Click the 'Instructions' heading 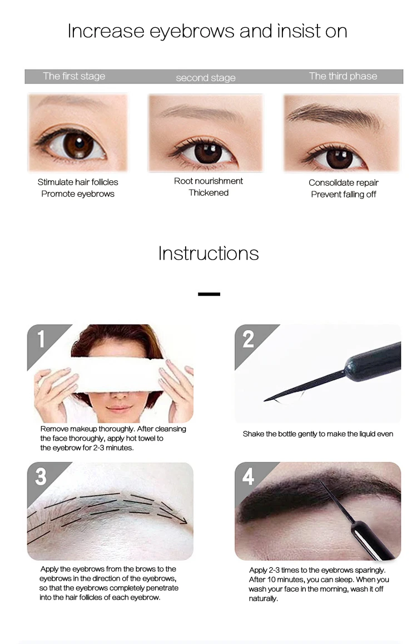point(209,254)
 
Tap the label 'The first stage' point(75,76)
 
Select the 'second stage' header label point(206,78)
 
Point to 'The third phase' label point(343,76)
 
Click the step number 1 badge point(41,339)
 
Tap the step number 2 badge point(249,339)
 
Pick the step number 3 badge point(41,477)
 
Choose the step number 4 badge point(249,477)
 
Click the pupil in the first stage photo point(78,143)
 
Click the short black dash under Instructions point(209,294)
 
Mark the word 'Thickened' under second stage point(209,192)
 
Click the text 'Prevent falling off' point(344,194)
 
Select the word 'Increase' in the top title point(106,31)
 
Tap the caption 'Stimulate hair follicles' point(78,182)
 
